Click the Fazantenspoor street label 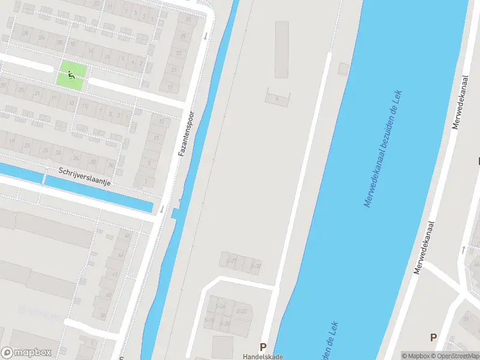coord(187,134)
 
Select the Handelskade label coord(262,356)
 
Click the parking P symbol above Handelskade coord(262,347)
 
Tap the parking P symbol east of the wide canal coord(433,337)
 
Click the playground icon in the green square coord(71,75)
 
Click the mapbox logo coord(26,352)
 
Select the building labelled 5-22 coord(242,311)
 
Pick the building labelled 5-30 coord(254,265)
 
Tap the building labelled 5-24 coord(221,306)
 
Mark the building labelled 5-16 coord(209,320)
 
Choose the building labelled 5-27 coord(231,261)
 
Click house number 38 coord(103,316)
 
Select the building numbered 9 coord(276,98)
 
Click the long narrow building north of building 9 coord(281,50)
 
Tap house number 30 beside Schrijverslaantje coord(110,164)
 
